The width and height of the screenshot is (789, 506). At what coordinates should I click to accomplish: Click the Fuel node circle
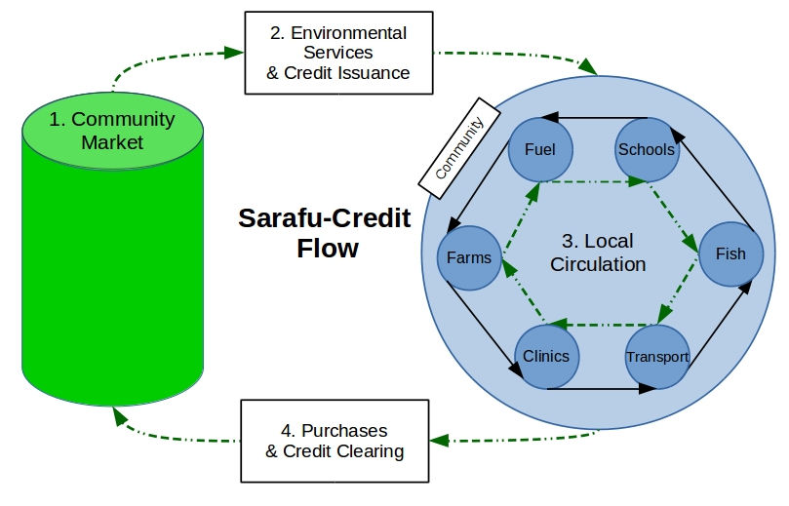[539, 149]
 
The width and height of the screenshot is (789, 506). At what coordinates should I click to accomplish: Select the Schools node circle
[646, 149]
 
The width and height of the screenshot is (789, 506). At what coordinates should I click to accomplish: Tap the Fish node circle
[730, 253]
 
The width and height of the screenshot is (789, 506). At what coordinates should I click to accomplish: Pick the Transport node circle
[656, 356]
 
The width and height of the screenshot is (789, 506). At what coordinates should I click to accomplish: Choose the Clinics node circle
[545, 355]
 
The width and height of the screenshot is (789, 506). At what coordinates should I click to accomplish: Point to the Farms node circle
[469, 258]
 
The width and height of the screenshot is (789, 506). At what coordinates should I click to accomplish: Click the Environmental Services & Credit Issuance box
[337, 53]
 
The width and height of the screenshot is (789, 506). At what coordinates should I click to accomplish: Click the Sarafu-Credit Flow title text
[326, 233]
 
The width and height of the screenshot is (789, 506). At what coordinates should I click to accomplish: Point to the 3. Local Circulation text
[598, 252]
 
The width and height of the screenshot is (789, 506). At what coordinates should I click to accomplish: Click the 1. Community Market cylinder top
[113, 132]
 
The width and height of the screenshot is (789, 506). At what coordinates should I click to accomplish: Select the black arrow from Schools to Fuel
[592, 119]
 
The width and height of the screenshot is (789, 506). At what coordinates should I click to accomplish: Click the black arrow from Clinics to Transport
[601, 389]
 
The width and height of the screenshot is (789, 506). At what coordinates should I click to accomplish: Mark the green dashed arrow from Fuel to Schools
[592, 181]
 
